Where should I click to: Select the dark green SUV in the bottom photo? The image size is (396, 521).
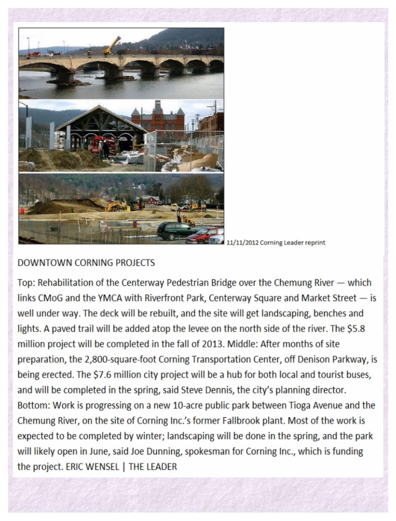pyautogui.click(x=175, y=230)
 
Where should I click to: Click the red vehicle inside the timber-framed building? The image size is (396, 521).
pyautogui.click(x=99, y=144)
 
